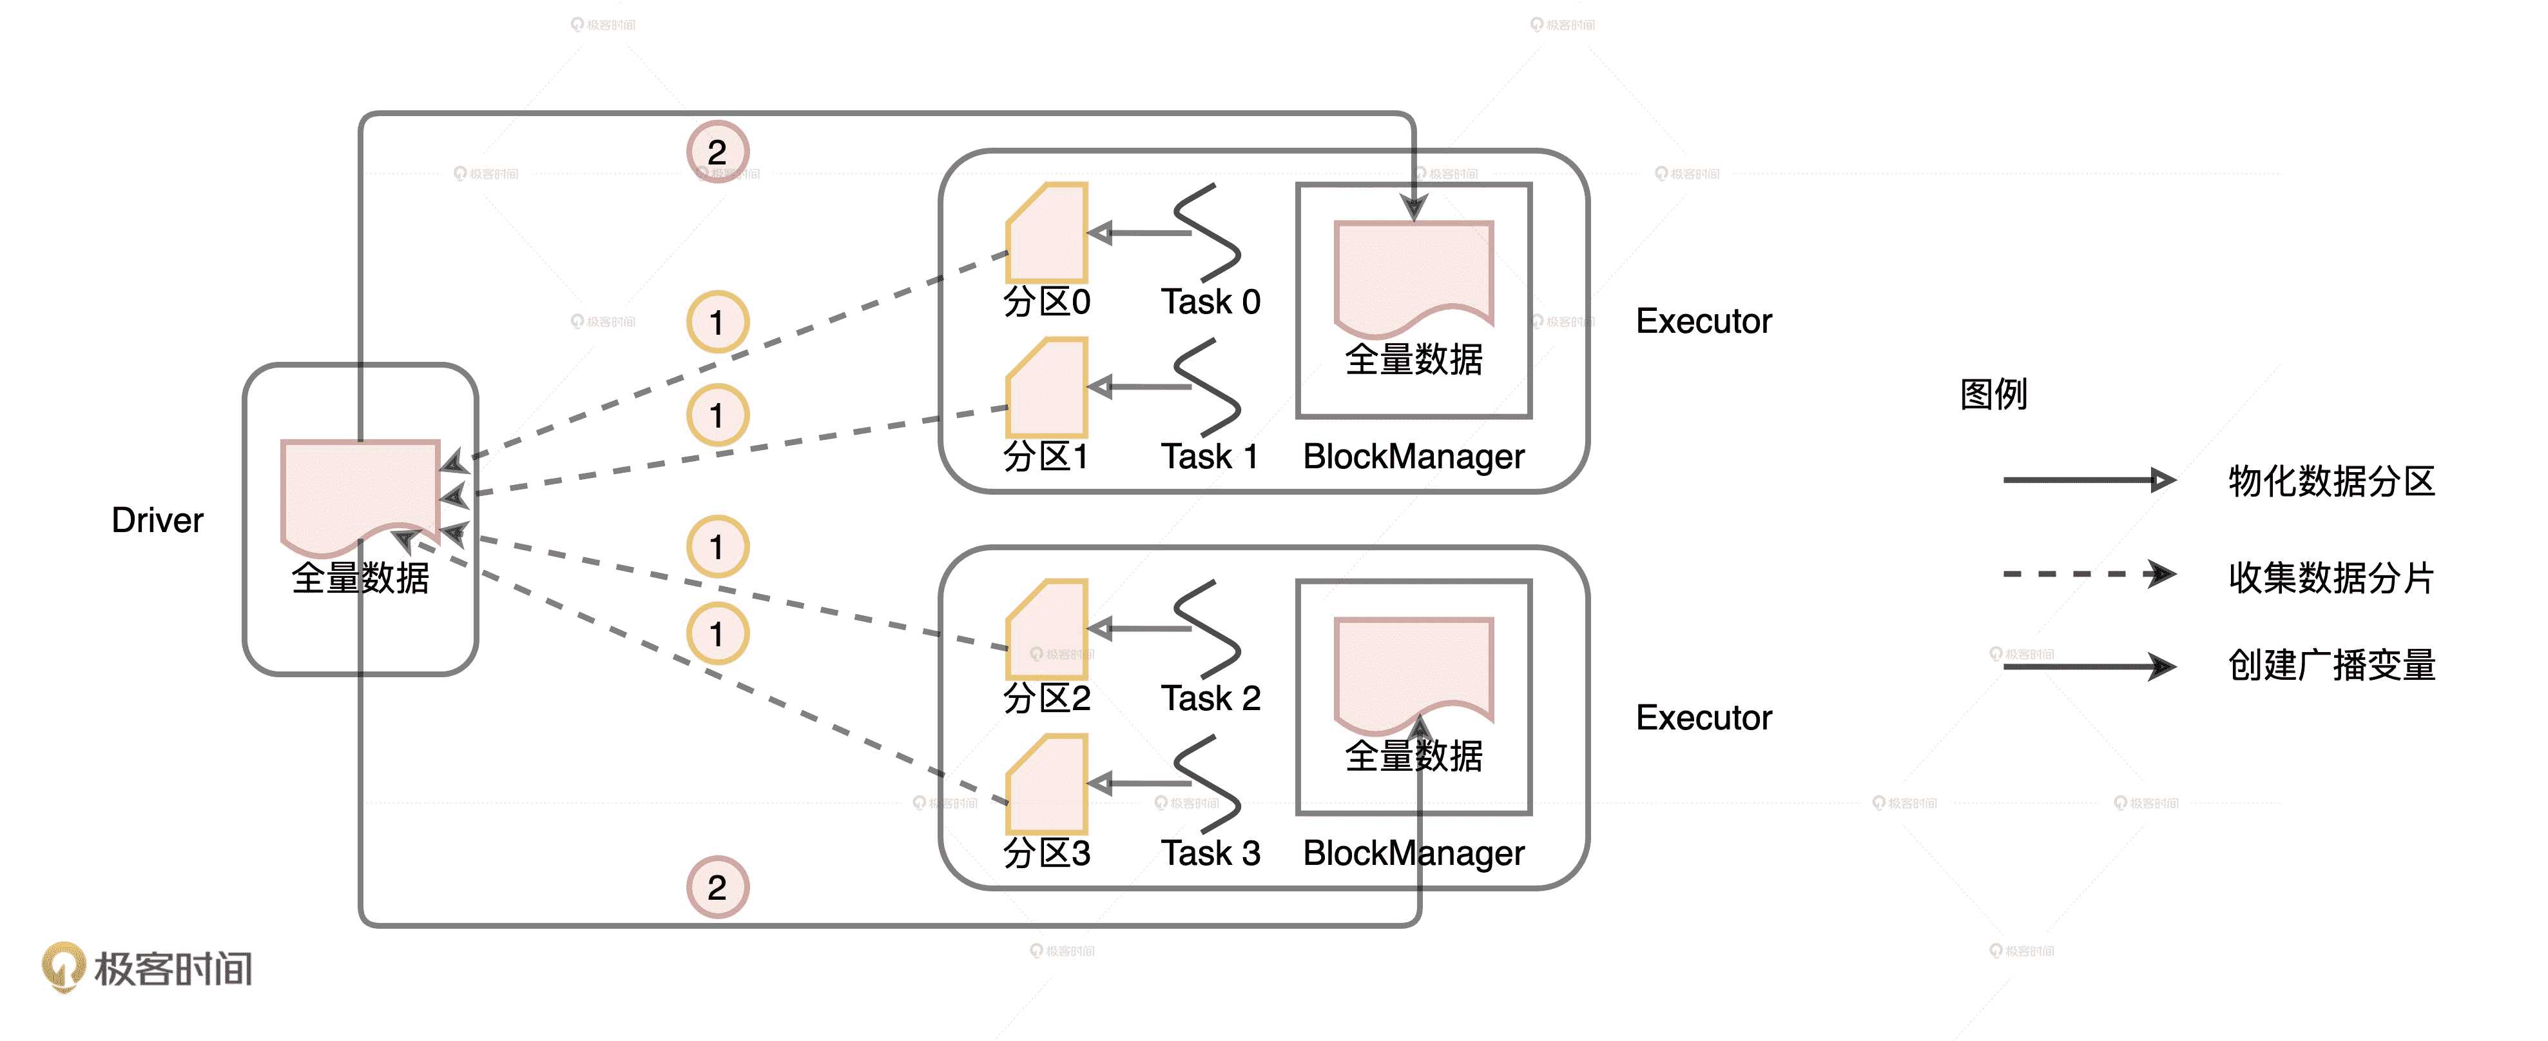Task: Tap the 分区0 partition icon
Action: click(x=1047, y=233)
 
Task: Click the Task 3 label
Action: click(x=1211, y=853)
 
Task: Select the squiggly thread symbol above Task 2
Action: click(x=1208, y=628)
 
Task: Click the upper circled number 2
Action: click(x=717, y=152)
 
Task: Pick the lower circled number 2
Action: click(x=717, y=887)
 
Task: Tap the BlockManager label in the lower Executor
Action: click(x=1413, y=853)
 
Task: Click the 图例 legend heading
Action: click(x=1993, y=394)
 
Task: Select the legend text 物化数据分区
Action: click(x=2331, y=482)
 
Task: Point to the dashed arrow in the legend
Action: click(x=2088, y=574)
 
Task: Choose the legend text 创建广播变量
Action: click(x=2331, y=665)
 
